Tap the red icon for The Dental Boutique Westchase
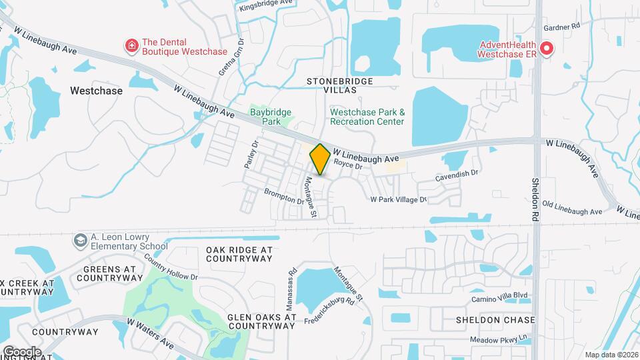click(132, 46)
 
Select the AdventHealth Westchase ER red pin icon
click(547, 48)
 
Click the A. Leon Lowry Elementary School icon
click(81, 240)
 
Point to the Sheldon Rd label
click(535, 199)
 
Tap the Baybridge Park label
click(271, 117)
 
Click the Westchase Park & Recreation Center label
click(367, 117)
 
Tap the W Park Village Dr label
click(398, 199)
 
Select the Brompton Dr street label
click(284, 195)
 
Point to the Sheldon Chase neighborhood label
click(495, 319)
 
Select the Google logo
click(21, 352)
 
